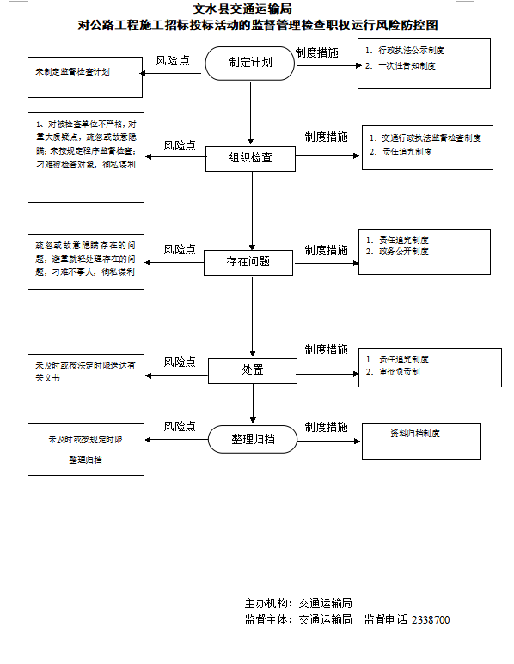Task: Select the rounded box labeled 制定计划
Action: [x=250, y=64]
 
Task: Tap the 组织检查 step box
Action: [x=250, y=158]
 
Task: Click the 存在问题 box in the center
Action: [x=248, y=261]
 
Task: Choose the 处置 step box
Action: [x=253, y=370]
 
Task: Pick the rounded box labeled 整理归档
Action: [x=253, y=439]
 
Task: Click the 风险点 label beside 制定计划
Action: [x=173, y=61]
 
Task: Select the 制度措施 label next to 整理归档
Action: [x=326, y=427]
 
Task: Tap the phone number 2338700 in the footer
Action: [x=431, y=619]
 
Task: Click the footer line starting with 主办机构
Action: [x=298, y=603]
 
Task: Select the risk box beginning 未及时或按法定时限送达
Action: [x=85, y=370]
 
